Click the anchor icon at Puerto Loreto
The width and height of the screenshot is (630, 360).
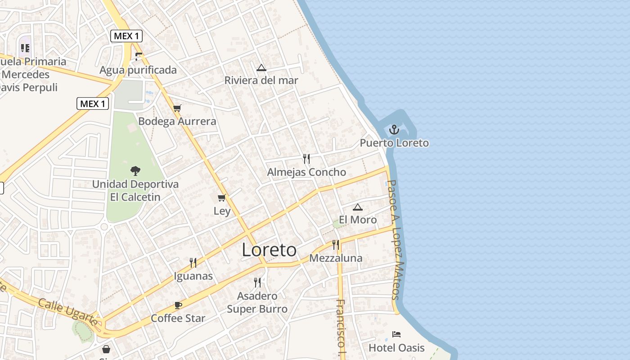394,130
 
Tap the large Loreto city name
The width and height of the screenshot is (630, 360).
269,250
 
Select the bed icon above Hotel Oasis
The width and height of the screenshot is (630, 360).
396,334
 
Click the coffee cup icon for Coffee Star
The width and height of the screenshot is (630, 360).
178,305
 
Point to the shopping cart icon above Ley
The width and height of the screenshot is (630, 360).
221,198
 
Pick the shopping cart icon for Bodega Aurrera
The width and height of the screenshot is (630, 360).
177,108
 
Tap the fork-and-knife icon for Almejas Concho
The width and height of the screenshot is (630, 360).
306,158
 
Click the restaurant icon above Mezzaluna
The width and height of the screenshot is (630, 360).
335,245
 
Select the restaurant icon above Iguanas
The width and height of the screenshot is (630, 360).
193,262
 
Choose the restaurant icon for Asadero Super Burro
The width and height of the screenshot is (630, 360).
257,282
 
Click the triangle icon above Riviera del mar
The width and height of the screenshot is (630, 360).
261,68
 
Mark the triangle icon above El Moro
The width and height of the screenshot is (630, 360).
357,207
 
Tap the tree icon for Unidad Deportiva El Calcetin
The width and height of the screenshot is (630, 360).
135,171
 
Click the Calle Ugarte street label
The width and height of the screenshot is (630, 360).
67,311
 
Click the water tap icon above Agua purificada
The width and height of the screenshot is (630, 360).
139,56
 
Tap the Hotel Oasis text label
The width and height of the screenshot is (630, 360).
396,348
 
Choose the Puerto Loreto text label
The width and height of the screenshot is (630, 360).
394,143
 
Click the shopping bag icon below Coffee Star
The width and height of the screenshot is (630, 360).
106,349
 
